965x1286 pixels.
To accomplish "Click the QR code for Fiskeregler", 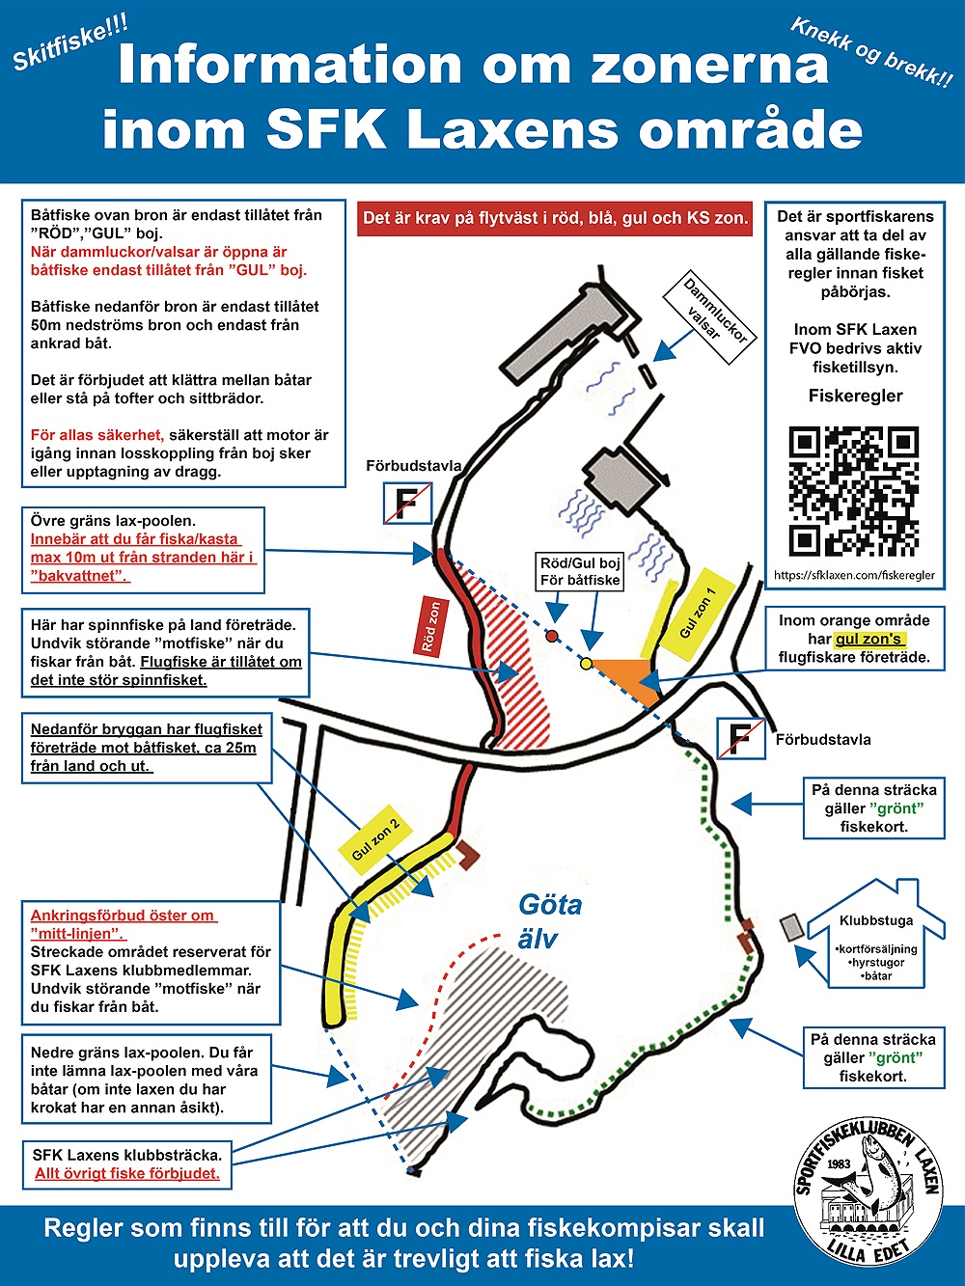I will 854,492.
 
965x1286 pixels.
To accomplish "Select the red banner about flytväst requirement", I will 555,218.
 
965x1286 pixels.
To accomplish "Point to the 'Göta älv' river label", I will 548,920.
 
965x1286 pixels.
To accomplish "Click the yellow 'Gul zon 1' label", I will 698,613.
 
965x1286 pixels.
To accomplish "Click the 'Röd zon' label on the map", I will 431,626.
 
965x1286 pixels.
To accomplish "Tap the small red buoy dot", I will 552,635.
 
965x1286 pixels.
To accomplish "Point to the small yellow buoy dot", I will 586,663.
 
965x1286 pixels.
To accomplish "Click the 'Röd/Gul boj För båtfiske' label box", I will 580,571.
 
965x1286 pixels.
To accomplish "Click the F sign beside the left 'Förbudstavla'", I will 407,503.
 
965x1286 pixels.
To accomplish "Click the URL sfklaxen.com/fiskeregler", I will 854,575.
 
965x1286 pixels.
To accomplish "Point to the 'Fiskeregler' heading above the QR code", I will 855,396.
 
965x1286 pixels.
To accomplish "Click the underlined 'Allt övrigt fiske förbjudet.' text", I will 127,1173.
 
